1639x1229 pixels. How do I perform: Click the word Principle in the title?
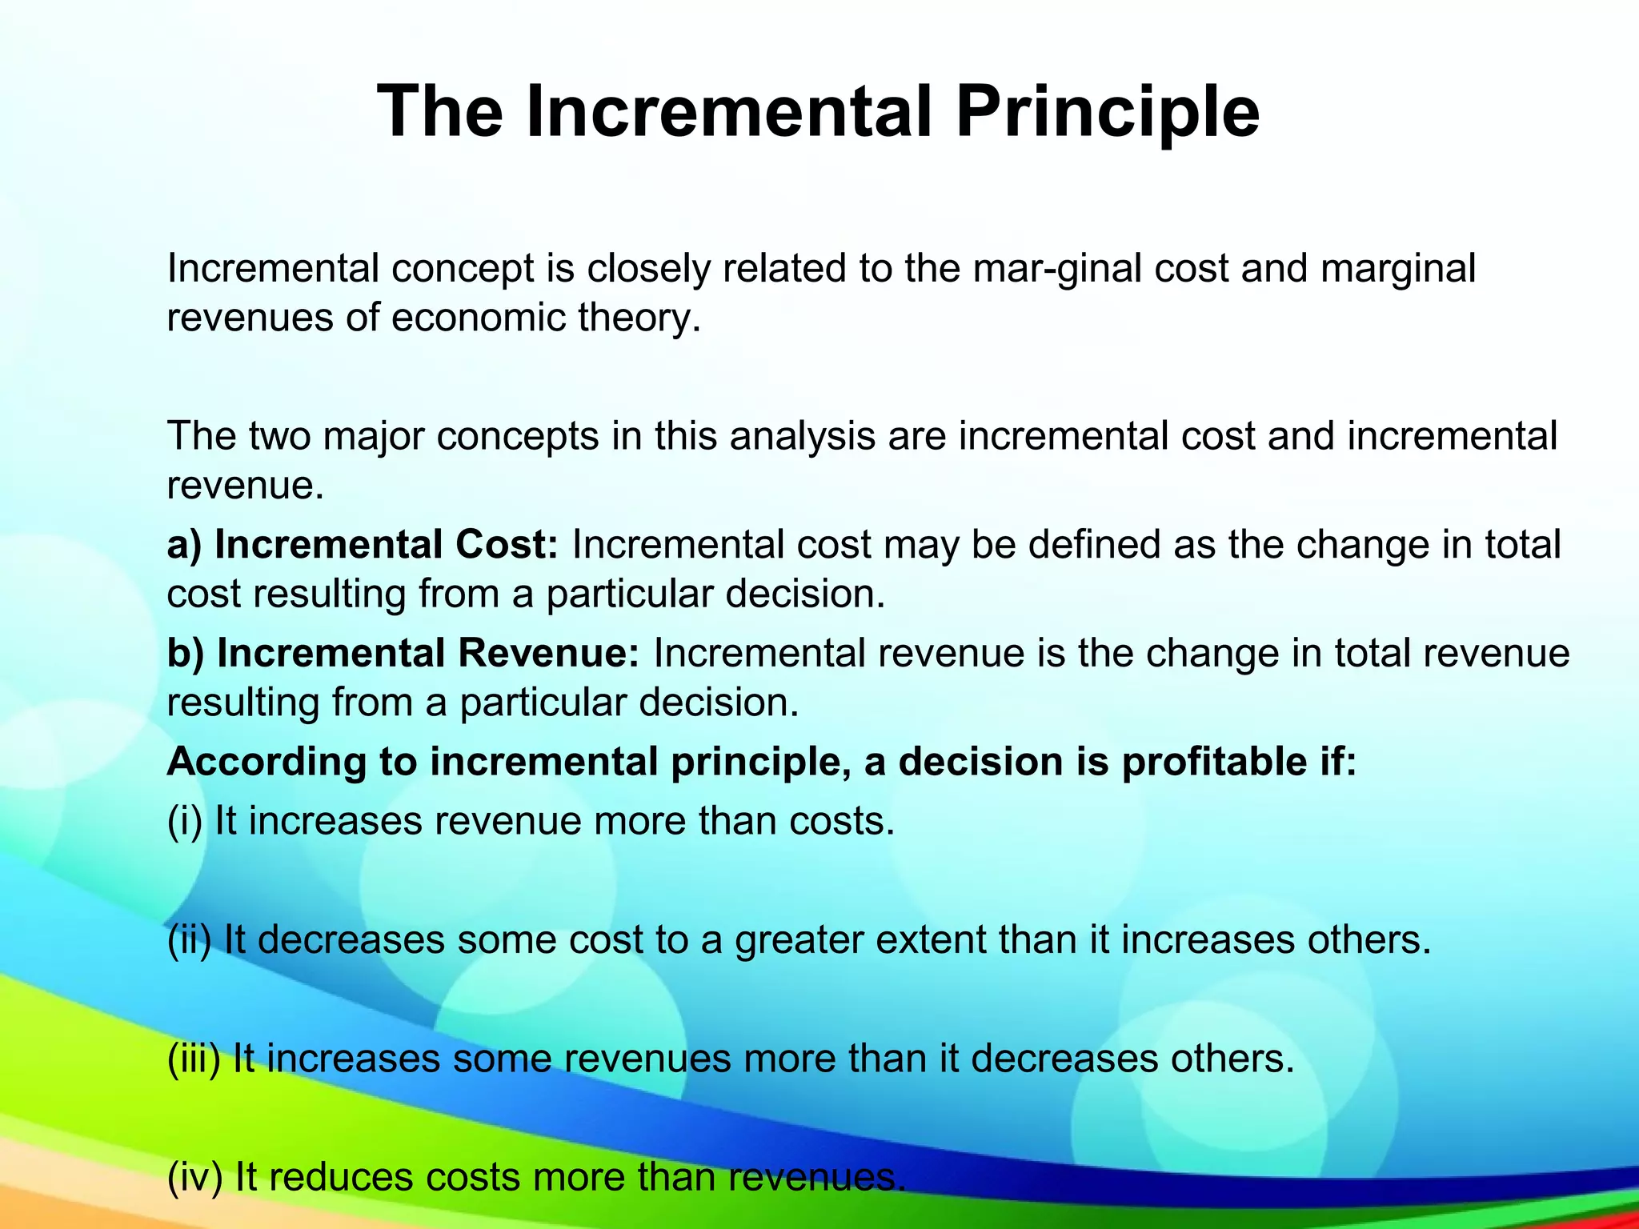pos(1107,112)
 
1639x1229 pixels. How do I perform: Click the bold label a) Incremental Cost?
pos(362,545)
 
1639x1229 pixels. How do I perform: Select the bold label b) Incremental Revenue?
pos(403,653)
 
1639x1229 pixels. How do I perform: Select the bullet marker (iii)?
pos(194,1059)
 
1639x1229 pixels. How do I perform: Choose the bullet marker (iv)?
pos(194,1177)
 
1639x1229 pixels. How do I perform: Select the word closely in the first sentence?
pos(647,269)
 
